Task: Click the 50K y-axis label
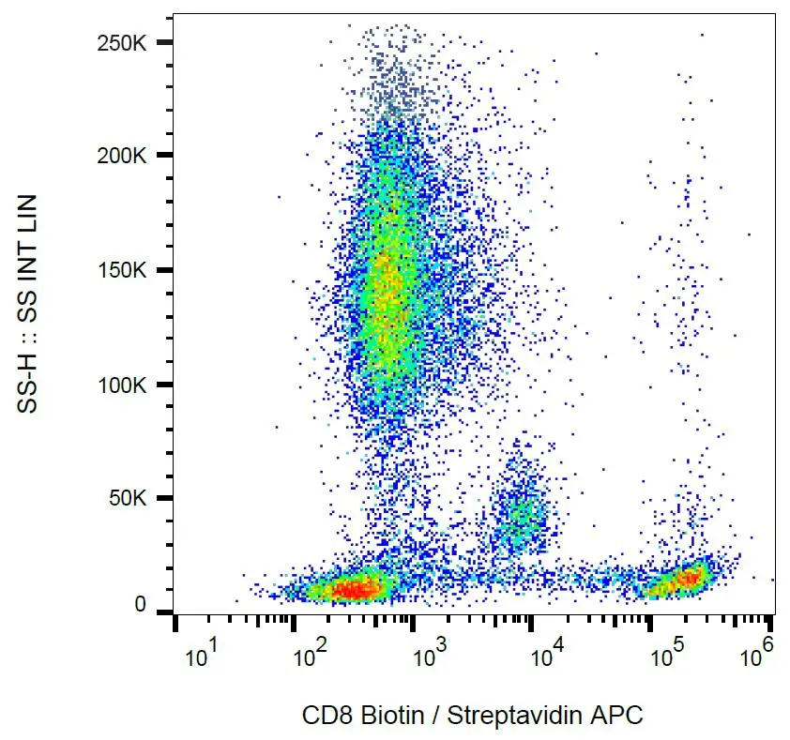click(132, 499)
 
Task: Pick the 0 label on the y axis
click(141, 605)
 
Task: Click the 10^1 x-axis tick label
click(203, 655)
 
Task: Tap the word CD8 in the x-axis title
click(322, 716)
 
